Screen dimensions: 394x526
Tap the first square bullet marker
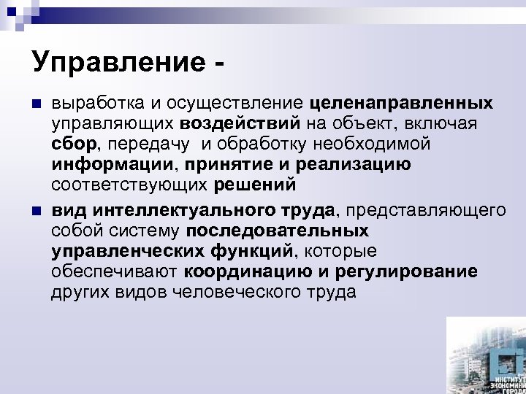point(37,101)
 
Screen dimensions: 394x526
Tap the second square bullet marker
point(37,212)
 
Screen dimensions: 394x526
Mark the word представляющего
point(426,212)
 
